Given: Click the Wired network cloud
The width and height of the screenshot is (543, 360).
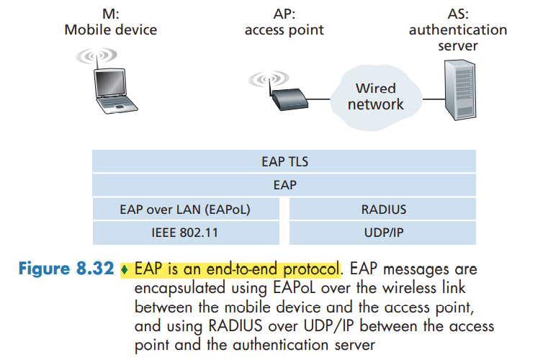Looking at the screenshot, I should pyautogui.click(x=375, y=96).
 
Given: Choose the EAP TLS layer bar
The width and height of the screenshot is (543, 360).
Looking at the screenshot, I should pyautogui.click(x=284, y=162).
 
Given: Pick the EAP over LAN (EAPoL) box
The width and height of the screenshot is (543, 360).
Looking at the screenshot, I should pyautogui.click(x=189, y=210).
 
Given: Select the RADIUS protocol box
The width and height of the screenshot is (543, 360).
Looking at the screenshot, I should pyautogui.click(x=382, y=210).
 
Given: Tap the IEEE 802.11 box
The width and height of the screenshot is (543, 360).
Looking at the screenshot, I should pyautogui.click(x=189, y=233).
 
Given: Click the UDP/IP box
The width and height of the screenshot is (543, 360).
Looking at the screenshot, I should pyautogui.click(x=382, y=233).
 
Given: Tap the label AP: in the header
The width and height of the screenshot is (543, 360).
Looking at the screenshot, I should pyautogui.click(x=284, y=13).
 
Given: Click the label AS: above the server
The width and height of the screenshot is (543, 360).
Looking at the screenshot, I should pyautogui.click(x=457, y=13).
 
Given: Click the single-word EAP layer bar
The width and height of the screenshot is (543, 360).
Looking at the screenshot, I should pyautogui.click(x=284, y=185).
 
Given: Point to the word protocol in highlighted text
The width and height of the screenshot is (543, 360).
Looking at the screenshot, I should pyautogui.click(x=306, y=270).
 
